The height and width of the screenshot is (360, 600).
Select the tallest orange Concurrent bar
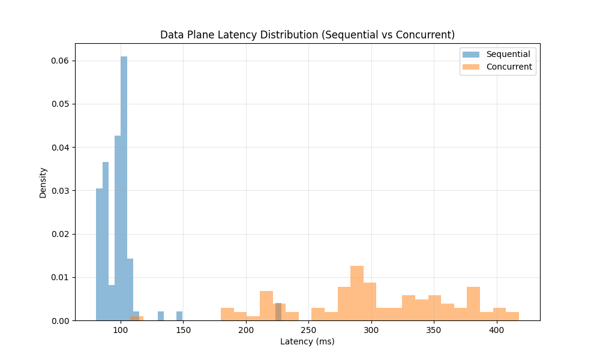tap(357, 293)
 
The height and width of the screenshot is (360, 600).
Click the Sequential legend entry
tap(508, 54)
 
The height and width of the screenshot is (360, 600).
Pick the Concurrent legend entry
tap(509, 67)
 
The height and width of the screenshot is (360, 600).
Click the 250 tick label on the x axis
tap(308, 331)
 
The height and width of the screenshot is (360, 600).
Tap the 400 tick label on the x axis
tap(496, 331)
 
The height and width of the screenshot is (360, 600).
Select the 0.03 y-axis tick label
tap(59, 191)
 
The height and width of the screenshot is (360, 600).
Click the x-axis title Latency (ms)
tap(307, 342)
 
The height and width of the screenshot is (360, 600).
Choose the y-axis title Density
tap(43, 182)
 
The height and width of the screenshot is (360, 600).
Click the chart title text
tap(307, 35)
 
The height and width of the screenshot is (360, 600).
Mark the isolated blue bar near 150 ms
tap(179, 316)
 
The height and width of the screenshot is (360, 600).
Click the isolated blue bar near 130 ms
tap(161, 316)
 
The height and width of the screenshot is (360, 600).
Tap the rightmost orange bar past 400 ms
tap(512, 316)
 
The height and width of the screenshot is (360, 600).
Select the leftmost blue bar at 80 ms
tap(99, 254)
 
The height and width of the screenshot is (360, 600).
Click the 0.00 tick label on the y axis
tap(59, 320)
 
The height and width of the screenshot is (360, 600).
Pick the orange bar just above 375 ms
tap(473, 304)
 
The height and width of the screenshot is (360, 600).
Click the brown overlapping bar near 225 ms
tap(278, 312)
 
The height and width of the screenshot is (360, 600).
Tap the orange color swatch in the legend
tap(470, 67)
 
